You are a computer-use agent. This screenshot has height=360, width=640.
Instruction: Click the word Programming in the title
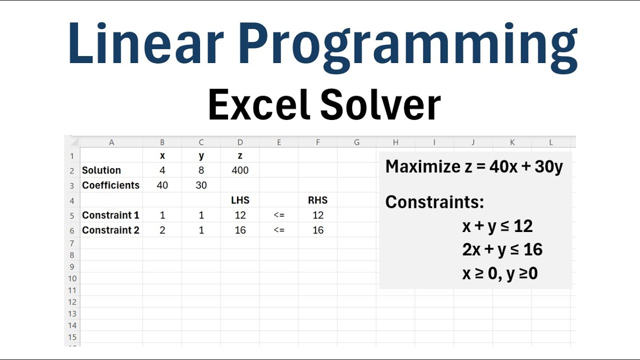[407, 45]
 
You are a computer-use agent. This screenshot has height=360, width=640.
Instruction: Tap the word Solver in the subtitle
[380, 105]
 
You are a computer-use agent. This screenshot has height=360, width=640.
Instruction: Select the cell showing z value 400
[240, 170]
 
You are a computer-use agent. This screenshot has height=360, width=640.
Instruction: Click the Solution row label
[101, 170]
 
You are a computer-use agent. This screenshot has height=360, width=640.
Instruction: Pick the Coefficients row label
[110, 185]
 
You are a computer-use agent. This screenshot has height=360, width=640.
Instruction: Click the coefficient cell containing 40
[162, 185]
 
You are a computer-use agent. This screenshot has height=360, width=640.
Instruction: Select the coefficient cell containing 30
[201, 185]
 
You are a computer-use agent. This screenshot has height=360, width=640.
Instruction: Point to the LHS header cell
[240, 200]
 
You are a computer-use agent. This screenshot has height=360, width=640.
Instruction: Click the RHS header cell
[317, 200]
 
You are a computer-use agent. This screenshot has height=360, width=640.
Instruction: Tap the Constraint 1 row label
[110, 215]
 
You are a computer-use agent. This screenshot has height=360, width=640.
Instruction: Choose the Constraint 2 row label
[110, 230]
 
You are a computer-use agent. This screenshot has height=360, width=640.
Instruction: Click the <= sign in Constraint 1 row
[279, 215]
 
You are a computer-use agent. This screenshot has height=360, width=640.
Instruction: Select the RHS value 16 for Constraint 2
[317, 230]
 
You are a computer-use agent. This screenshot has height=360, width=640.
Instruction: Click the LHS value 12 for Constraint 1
[240, 215]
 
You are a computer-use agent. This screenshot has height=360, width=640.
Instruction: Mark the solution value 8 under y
[201, 170]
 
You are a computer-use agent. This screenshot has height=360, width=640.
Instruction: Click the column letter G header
[356, 142]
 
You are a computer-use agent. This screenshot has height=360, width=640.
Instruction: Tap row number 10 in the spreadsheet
[72, 278]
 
